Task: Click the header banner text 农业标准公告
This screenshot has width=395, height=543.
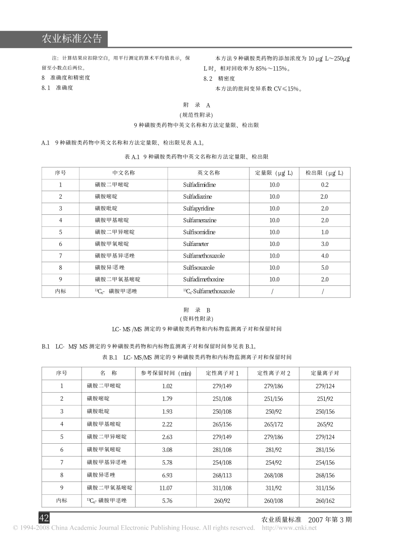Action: (72, 39)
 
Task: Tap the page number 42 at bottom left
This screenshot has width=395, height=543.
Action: (44, 518)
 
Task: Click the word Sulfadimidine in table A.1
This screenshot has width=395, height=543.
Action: (199, 185)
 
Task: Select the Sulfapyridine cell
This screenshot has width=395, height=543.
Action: (198, 209)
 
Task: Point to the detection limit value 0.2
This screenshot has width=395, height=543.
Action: (325, 185)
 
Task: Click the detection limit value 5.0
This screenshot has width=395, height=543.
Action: (325, 268)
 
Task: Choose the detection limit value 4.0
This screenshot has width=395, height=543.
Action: (325, 256)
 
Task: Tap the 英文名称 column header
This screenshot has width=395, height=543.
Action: (208, 173)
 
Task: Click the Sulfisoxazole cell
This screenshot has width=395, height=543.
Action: (199, 268)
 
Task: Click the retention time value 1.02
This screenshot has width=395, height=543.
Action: (167, 386)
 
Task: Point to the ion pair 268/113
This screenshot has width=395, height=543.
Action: (222, 475)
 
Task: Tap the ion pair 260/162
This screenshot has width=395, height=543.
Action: (325, 501)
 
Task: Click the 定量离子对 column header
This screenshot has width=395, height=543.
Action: (325, 373)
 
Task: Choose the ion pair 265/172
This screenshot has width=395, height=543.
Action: (274, 424)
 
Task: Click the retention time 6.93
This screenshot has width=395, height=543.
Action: (167, 475)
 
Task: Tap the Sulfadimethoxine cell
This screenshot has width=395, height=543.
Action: (203, 280)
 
